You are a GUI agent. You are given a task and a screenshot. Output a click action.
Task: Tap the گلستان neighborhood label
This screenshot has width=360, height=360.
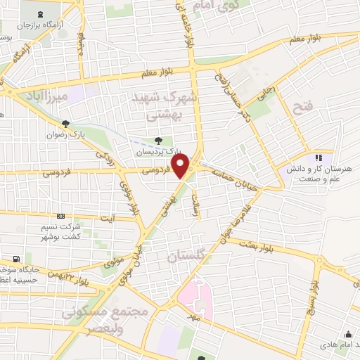pos(189,258)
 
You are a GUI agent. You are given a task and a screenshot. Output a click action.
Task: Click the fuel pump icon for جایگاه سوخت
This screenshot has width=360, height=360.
pos(27,257)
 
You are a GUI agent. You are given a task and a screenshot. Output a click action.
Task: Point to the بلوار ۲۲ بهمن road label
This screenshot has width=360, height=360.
pos(78,278)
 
